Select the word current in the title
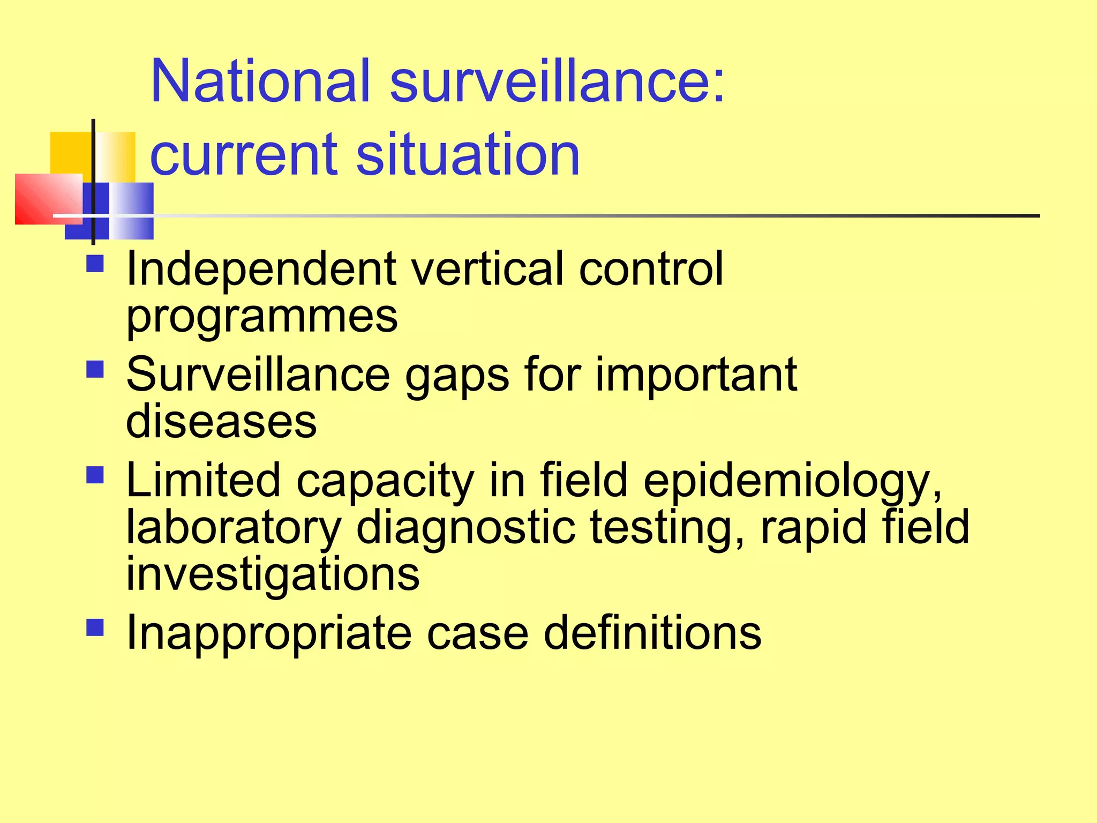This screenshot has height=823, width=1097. [244, 155]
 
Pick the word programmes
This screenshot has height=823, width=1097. [262, 317]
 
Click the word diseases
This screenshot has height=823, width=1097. [221, 421]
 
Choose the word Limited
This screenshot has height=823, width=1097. [203, 480]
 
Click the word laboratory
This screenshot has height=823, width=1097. [234, 528]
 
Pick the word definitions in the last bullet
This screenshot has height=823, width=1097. [652, 633]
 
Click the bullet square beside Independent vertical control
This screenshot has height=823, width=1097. [95, 264]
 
